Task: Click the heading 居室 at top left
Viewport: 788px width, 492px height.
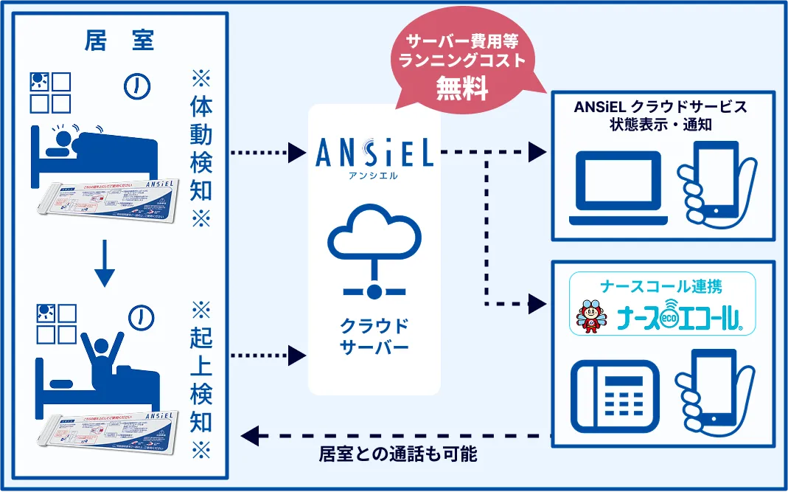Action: coord(119,42)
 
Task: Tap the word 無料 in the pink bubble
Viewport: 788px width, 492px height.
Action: coord(462,88)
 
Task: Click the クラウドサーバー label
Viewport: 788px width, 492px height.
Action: coord(374,336)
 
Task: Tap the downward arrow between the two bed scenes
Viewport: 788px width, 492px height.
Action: coord(105,267)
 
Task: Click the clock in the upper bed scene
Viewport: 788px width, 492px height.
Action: coord(136,86)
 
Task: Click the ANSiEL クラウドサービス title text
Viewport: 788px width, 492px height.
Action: coord(660,107)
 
